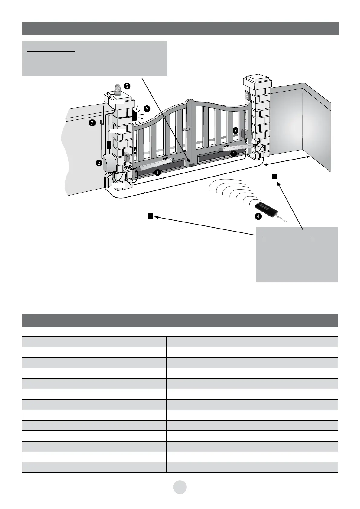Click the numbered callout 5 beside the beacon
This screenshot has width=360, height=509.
point(127,86)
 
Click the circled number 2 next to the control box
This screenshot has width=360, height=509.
point(99,163)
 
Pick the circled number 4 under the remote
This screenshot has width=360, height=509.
point(258,216)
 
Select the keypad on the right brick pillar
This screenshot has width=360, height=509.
point(247,96)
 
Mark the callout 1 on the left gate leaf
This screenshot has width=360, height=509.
point(157,173)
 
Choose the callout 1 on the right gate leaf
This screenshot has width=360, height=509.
point(233,154)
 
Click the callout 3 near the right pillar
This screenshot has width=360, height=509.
point(235,131)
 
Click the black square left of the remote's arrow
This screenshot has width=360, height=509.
point(150,216)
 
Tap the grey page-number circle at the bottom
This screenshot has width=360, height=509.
point(180,487)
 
